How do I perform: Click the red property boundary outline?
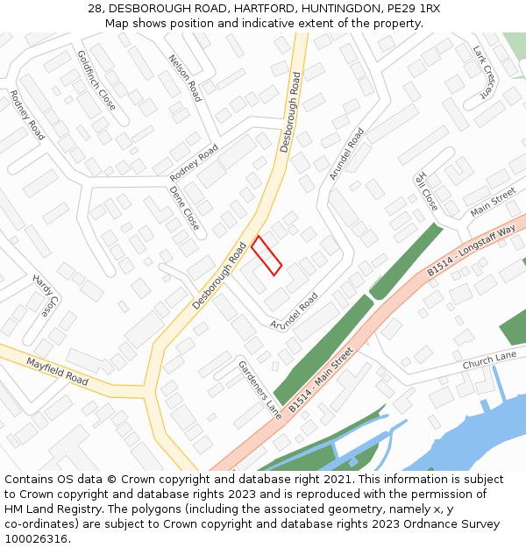267,255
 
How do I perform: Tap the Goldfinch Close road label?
96,80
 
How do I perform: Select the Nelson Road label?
184,77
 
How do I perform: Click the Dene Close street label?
184,208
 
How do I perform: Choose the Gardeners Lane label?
259,389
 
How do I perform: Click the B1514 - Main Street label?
320,380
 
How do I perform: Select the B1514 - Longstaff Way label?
471,250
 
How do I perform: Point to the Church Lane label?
489,360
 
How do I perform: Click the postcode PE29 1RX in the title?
416,9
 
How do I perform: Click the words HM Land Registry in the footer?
46,509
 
